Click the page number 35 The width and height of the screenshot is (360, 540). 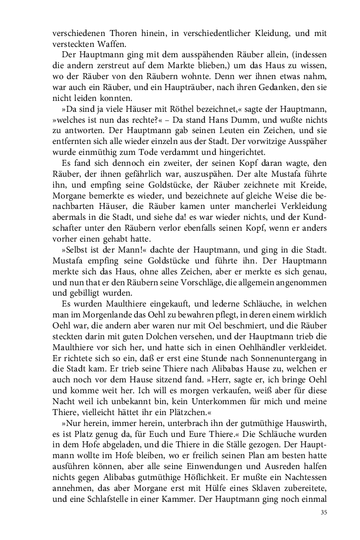323,512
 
